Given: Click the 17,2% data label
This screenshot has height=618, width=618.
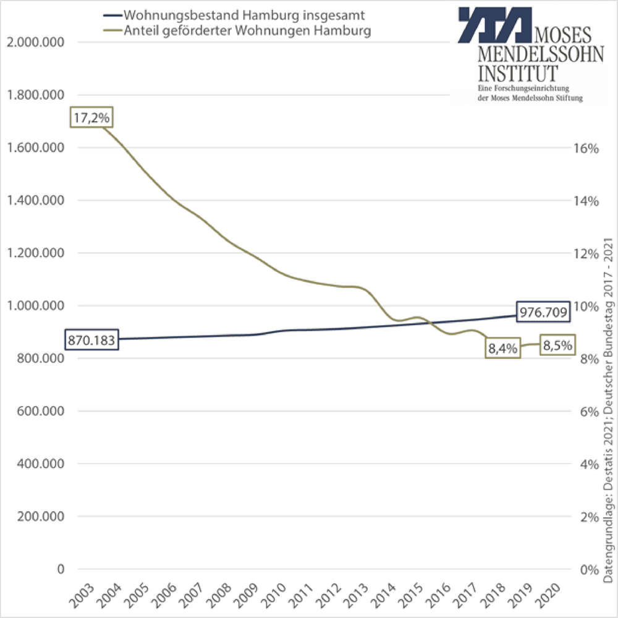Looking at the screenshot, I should [x=91, y=117].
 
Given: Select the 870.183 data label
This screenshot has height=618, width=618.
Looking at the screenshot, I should [x=91, y=341].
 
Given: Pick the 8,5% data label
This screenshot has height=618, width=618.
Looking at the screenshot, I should [x=558, y=345].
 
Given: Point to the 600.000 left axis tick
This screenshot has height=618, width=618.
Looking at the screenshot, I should [x=39, y=411].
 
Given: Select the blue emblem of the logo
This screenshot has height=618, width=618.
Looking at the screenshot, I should [x=494, y=25].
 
